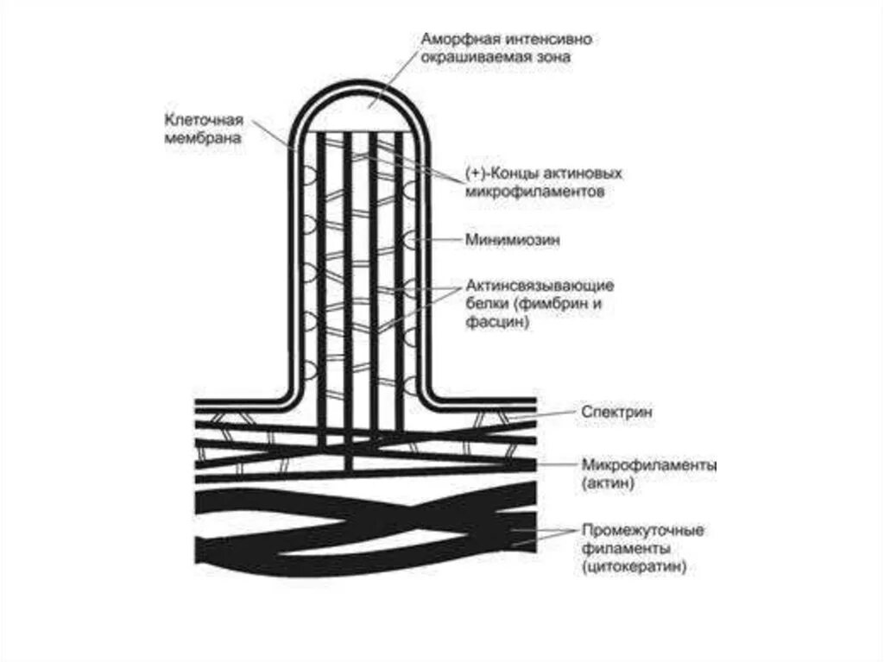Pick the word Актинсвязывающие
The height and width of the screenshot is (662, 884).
click(540, 285)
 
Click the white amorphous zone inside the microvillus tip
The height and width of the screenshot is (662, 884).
click(358, 112)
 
